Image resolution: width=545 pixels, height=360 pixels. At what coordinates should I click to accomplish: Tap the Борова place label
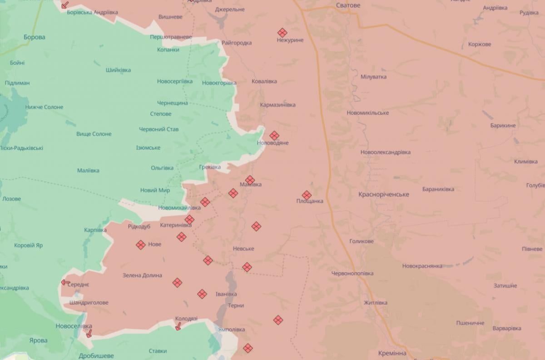(35, 37)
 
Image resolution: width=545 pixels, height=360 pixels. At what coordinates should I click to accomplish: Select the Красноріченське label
(383, 195)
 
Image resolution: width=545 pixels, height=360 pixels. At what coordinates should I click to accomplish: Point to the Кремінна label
(392, 353)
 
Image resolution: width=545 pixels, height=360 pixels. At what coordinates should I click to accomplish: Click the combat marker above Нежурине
(282, 32)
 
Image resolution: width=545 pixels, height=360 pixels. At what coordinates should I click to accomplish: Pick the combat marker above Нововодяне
(274, 135)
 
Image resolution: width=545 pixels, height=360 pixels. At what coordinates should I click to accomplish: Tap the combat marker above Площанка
(307, 195)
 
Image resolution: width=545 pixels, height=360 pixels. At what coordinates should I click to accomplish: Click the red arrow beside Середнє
(66, 282)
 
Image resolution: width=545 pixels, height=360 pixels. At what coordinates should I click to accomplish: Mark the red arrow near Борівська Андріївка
(65, 5)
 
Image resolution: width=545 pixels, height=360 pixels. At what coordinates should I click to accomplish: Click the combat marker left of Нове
(141, 245)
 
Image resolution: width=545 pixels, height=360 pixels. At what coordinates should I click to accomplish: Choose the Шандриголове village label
(89, 303)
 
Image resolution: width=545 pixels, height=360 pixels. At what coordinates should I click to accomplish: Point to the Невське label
(243, 249)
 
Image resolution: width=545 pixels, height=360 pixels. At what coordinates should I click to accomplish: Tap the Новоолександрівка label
(385, 152)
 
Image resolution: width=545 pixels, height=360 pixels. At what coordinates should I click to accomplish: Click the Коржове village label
(480, 45)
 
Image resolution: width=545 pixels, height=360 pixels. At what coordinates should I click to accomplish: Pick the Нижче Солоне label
(44, 107)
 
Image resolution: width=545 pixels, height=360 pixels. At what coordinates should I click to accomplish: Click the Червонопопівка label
(352, 274)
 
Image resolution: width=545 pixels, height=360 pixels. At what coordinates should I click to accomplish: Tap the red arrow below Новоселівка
(89, 334)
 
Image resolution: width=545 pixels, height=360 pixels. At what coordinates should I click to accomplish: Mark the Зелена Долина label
(142, 275)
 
